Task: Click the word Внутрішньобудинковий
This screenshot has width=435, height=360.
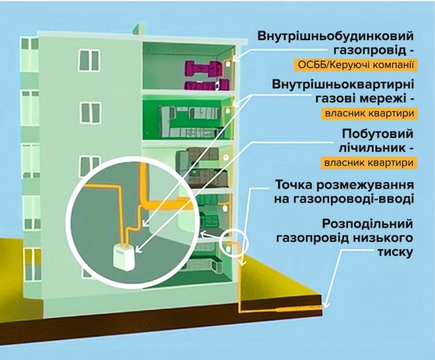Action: pyautogui.click(x=336, y=35)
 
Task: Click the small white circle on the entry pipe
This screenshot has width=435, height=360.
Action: pyautogui.click(x=234, y=241)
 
